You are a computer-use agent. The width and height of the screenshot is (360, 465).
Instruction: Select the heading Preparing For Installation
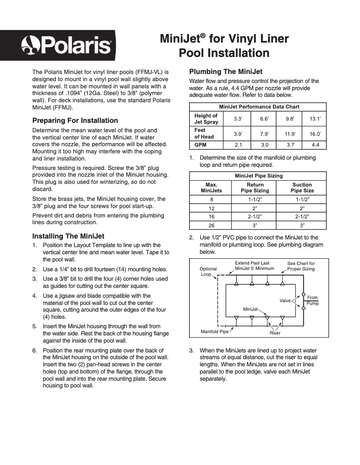[x=75, y=121]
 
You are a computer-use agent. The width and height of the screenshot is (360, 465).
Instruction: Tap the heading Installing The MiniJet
[x=68, y=236]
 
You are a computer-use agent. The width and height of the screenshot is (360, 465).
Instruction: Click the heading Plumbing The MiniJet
[x=226, y=72]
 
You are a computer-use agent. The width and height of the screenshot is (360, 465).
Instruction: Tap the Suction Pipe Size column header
[x=302, y=187]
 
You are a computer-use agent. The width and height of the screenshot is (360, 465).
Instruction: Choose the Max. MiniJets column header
[x=211, y=187]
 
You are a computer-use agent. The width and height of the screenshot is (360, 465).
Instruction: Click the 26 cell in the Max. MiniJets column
[x=211, y=226]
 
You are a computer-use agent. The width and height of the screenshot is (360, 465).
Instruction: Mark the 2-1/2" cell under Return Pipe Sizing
[x=255, y=217]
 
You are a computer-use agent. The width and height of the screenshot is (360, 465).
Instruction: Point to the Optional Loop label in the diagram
[x=208, y=271]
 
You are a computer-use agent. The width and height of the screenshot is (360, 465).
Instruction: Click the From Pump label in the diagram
[x=312, y=300]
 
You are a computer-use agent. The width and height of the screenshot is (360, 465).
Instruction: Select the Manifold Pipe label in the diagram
[x=215, y=332]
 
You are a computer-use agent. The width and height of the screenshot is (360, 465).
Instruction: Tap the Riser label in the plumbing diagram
[x=275, y=333]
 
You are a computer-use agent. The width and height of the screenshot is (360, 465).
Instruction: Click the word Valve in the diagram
[x=285, y=300]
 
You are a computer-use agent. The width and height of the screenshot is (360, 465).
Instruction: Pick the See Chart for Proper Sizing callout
[x=301, y=266]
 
